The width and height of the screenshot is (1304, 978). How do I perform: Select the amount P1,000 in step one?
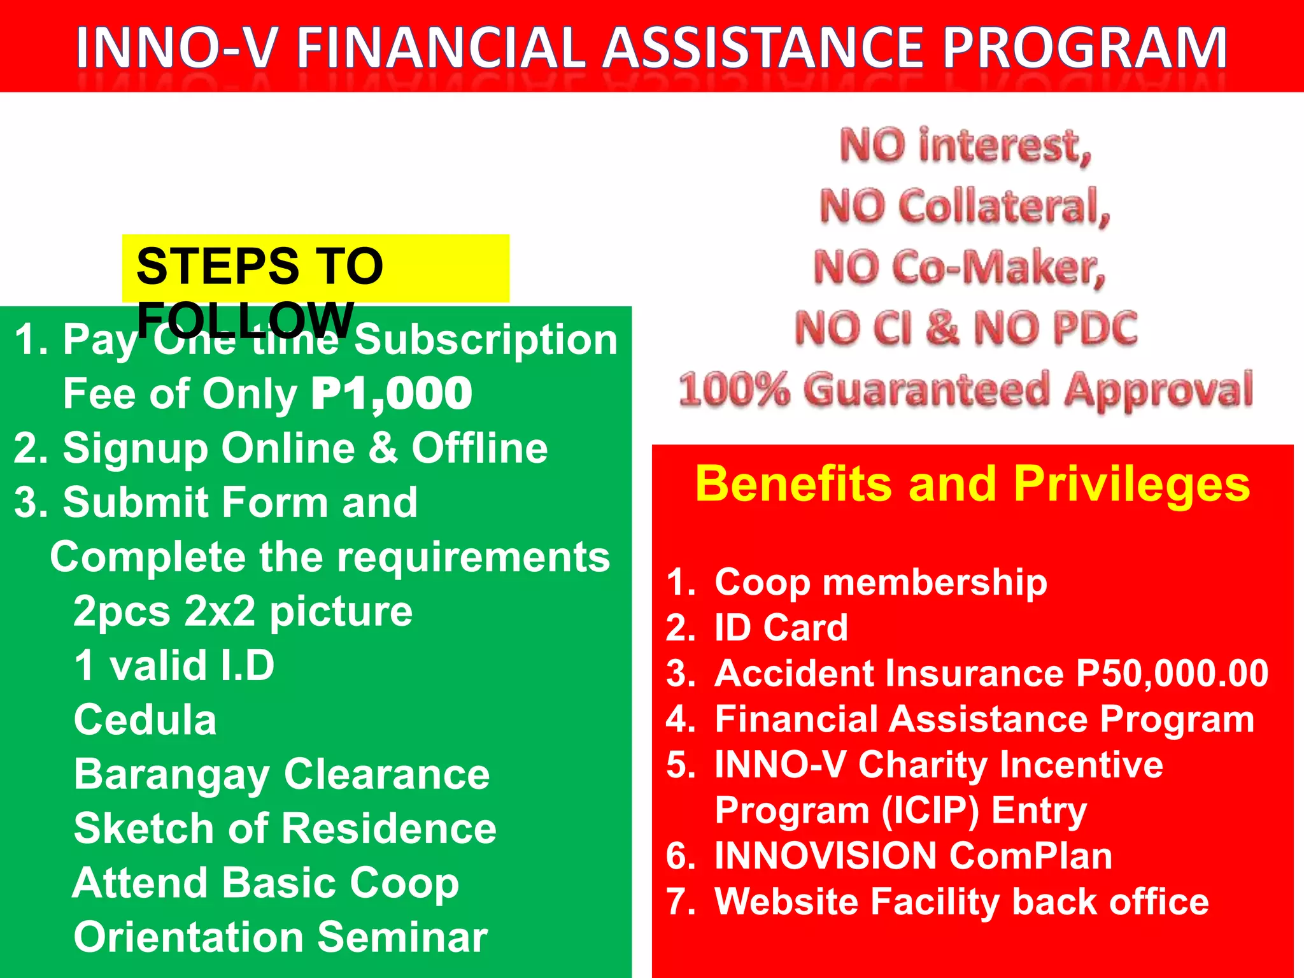coord(392,394)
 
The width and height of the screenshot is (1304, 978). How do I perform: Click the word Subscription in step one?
coord(485,341)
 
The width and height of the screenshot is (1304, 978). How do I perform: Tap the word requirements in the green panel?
coord(473,558)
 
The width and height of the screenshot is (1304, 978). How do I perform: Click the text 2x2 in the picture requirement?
coord(220,612)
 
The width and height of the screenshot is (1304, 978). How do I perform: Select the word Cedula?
coord(145,721)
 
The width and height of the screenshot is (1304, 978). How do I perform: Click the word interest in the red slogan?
coord(1003,146)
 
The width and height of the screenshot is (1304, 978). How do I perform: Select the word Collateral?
coord(1003,208)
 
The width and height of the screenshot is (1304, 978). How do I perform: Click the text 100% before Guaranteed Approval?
coord(733,390)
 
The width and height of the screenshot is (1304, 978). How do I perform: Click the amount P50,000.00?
coord(1172,674)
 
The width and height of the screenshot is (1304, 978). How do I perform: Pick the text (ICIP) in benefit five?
coord(930,811)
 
